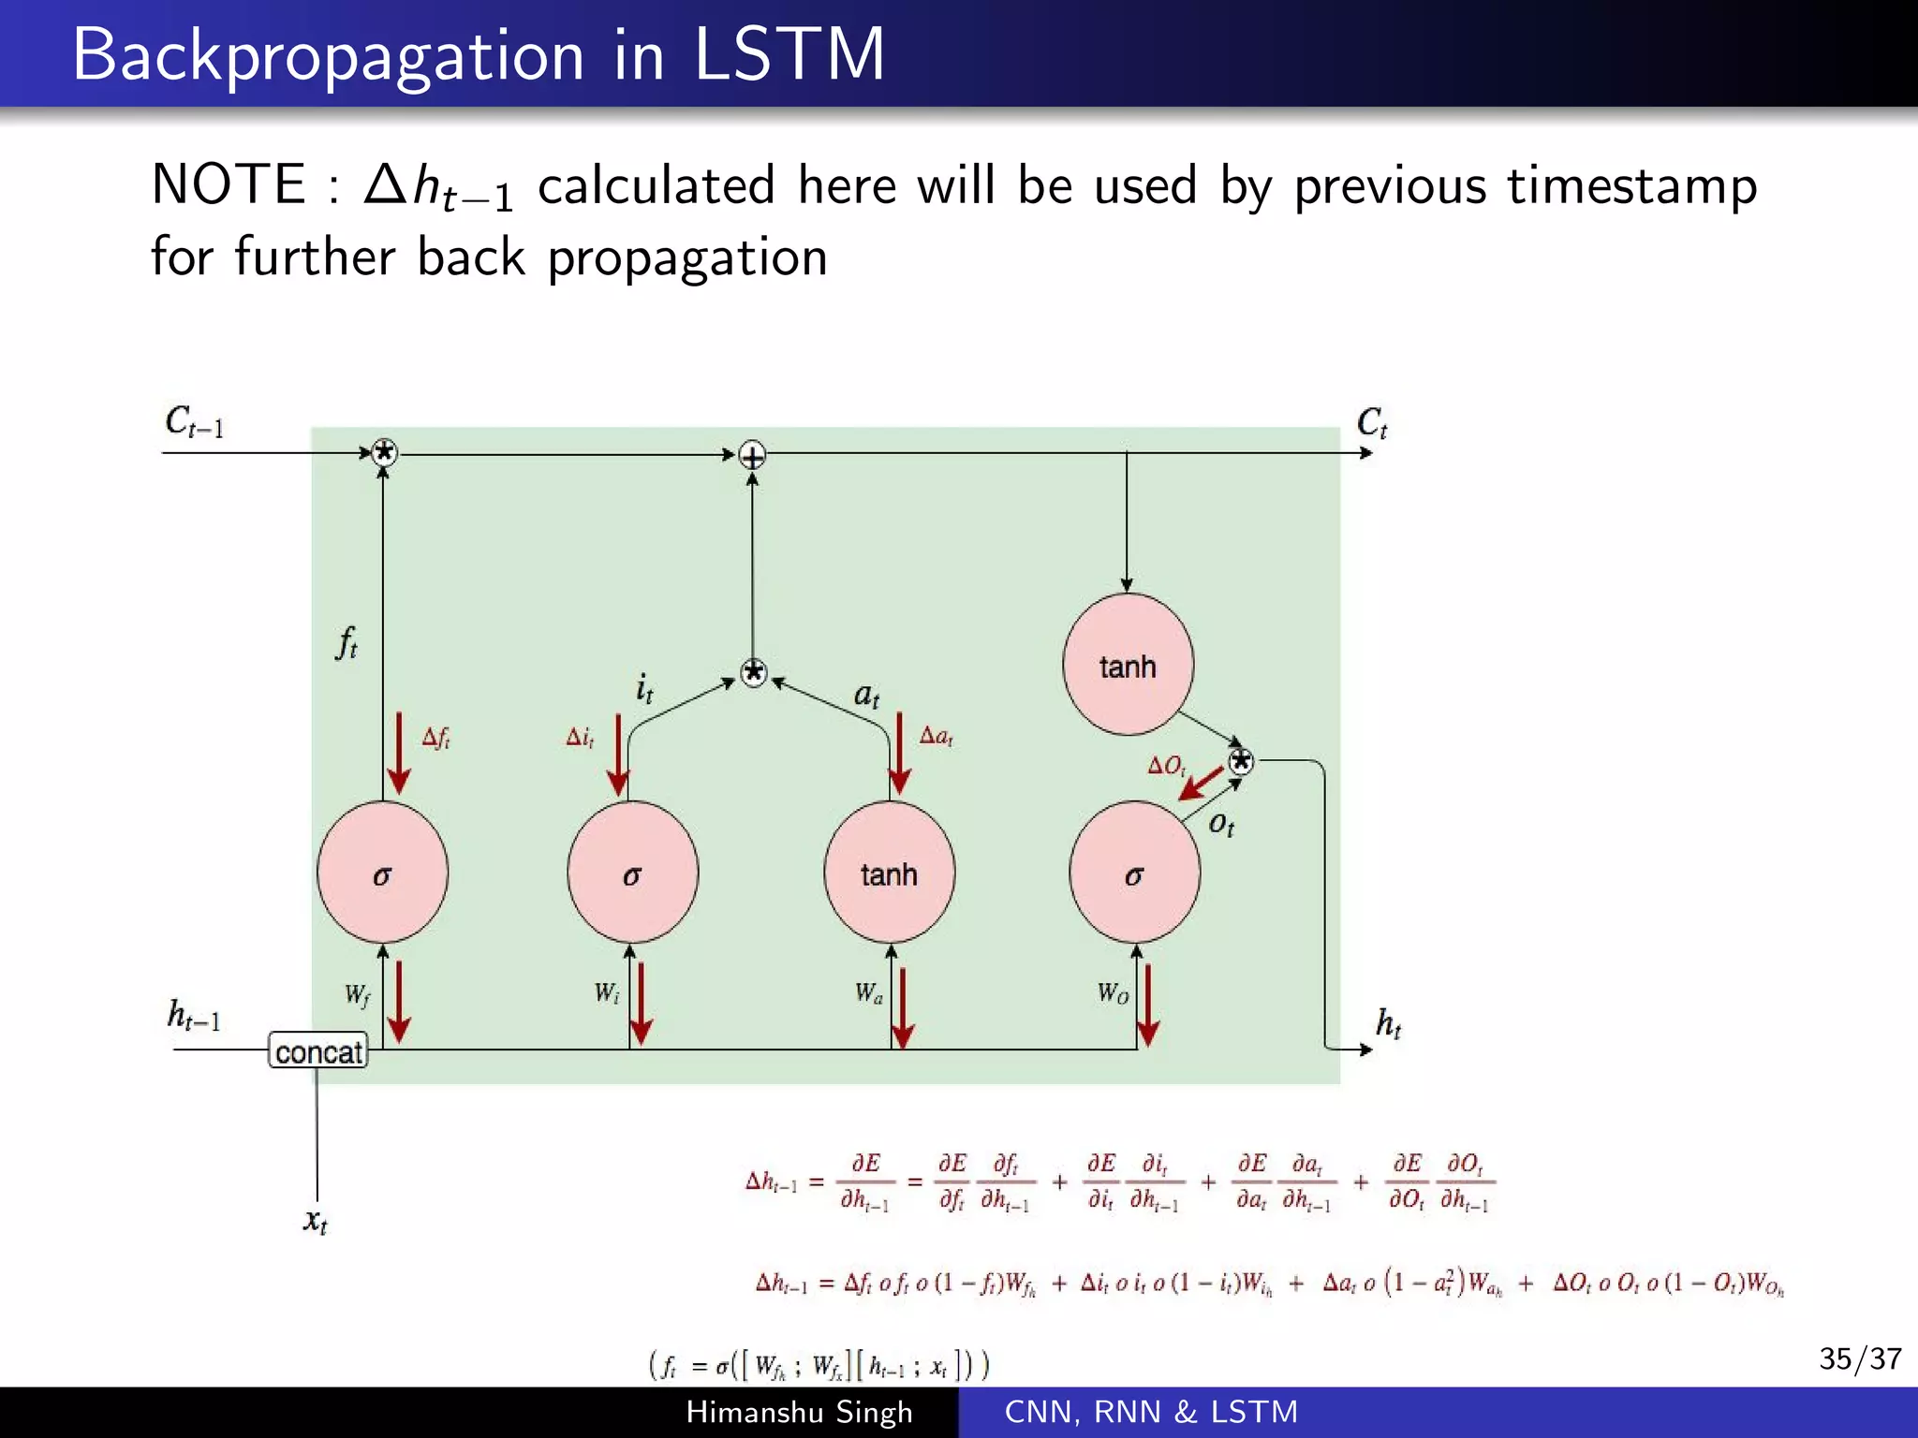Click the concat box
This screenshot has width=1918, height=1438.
click(x=317, y=1051)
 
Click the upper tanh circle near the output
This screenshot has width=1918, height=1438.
click(x=1128, y=665)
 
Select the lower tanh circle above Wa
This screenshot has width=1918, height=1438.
click(x=889, y=873)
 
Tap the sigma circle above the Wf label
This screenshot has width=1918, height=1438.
click(x=382, y=873)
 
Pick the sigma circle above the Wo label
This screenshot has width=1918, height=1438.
click(x=1134, y=873)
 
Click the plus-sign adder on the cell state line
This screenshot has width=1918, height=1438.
click(x=752, y=456)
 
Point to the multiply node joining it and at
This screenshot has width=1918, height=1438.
click(x=754, y=672)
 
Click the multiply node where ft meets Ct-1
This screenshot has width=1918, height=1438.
click(x=384, y=453)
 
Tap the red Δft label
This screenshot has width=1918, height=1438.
click(x=435, y=738)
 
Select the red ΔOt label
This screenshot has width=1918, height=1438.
click(x=1167, y=766)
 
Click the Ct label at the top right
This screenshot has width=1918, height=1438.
click(x=1371, y=423)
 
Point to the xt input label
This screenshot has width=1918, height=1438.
click(x=316, y=1221)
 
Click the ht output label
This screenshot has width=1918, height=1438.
click(x=1388, y=1023)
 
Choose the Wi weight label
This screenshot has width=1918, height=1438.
click(x=607, y=992)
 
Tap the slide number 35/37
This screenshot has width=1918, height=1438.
click(x=1859, y=1358)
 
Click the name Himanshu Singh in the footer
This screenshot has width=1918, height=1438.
click(x=799, y=1412)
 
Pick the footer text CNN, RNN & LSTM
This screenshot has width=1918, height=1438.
click(x=1151, y=1412)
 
